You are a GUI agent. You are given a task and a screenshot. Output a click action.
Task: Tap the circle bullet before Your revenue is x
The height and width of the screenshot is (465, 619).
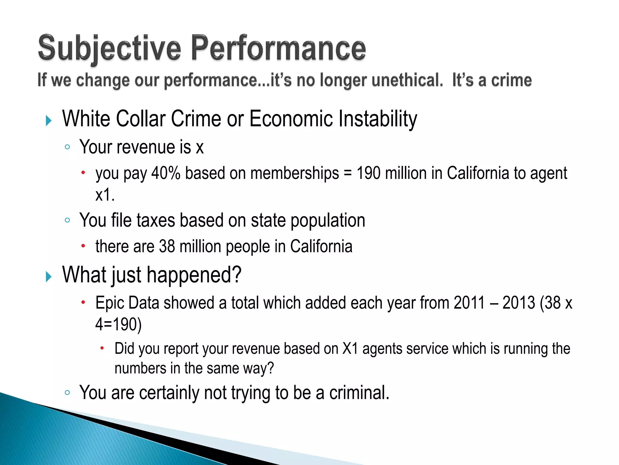pos(67,147)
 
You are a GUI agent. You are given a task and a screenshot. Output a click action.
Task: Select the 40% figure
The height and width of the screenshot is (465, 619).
pos(166,173)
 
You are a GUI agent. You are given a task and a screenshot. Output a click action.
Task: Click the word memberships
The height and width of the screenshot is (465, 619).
pos(294,173)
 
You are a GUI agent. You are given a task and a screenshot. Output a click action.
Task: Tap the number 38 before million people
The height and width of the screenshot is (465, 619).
pos(167,246)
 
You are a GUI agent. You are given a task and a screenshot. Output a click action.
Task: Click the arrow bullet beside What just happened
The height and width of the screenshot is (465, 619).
pos(49,276)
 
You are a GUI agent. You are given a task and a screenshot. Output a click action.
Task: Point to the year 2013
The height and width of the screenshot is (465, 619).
pos(519,303)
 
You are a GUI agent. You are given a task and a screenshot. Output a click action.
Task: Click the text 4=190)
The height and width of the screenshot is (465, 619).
pos(118,325)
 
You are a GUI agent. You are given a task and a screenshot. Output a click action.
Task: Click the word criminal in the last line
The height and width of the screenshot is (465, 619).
pos(359,393)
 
